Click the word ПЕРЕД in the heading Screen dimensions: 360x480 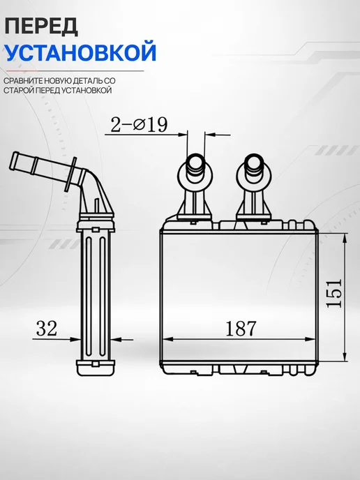click(x=41, y=27)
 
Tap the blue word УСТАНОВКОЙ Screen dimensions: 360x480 click(x=80, y=52)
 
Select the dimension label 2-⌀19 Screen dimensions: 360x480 click(x=139, y=125)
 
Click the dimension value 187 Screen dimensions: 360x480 click(x=240, y=329)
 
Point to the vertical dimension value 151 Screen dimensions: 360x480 click(x=333, y=293)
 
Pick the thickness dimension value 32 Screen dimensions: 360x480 click(x=47, y=328)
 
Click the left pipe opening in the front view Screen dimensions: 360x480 click(x=195, y=162)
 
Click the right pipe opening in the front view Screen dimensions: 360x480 click(x=254, y=162)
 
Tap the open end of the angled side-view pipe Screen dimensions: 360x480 click(x=15, y=160)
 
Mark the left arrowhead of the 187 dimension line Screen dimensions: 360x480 click(x=167, y=339)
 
